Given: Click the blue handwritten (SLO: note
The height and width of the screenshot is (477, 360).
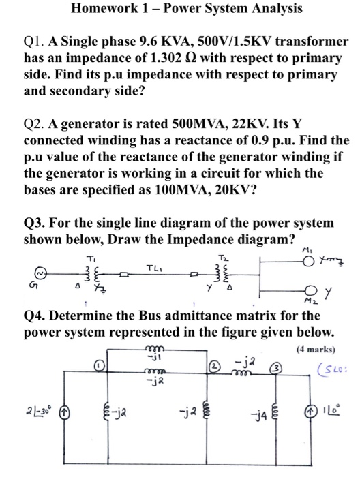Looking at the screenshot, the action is click(331, 369).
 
